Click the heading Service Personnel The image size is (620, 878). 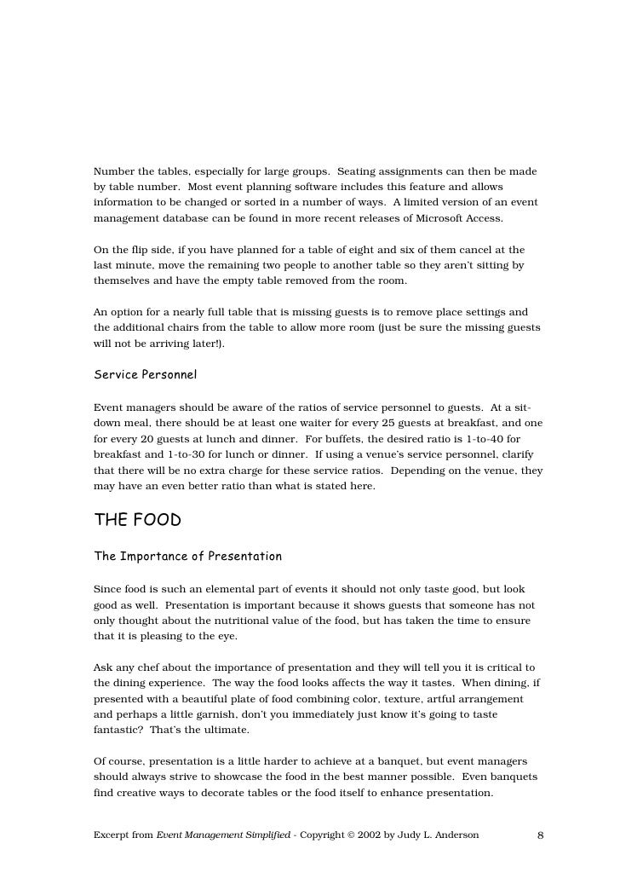[145, 375]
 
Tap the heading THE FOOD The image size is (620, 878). [137, 520]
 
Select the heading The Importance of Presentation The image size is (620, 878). [187, 557]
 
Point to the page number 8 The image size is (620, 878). [540, 835]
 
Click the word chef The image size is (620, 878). [152, 667]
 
